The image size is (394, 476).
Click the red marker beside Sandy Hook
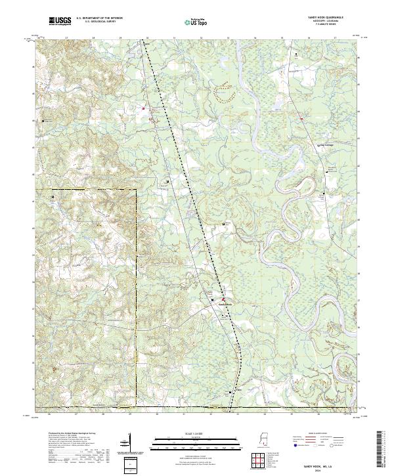223,299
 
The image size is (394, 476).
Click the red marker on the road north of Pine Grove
301,118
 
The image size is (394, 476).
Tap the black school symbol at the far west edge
44,121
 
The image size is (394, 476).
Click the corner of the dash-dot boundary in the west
136,190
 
